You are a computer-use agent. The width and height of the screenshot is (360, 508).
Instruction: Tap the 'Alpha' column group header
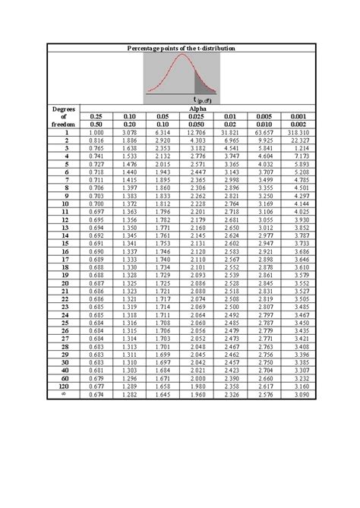197,109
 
